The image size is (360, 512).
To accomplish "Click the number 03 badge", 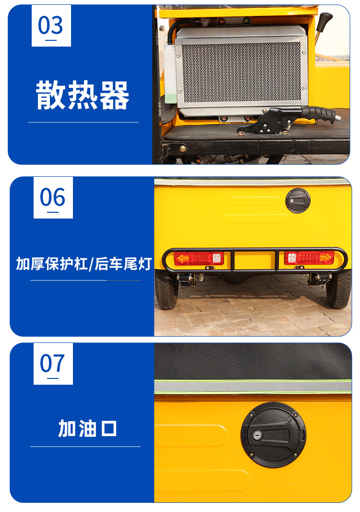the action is [x=51, y=26].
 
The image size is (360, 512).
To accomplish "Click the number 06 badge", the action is [x=53, y=197].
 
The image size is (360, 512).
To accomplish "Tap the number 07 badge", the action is [x=53, y=364].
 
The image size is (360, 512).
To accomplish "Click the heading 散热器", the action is [x=83, y=96].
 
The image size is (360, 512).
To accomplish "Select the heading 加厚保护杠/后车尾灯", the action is [x=84, y=264].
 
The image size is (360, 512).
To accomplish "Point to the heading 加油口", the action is [x=87, y=428].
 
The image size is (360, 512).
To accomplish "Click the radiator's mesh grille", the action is [x=241, y=73].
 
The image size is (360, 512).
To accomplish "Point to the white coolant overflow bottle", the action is [x=170, y=73].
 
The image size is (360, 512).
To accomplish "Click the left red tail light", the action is [x=199, y=258].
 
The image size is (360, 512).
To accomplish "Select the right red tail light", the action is [x=309, y=257].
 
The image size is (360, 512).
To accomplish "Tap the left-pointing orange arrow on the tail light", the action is [x=182, y=258].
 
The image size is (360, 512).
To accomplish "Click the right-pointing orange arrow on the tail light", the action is [x=326, y=257].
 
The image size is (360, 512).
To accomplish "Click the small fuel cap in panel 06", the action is [x=298, y=200].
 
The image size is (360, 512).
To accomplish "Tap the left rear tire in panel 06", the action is [x=166, y=290].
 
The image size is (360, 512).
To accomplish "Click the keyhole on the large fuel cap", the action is [x=257, y=435].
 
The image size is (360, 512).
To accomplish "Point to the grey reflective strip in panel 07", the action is [x=253, y=387].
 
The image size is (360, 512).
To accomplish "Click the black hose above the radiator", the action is [x=178, y=28].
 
